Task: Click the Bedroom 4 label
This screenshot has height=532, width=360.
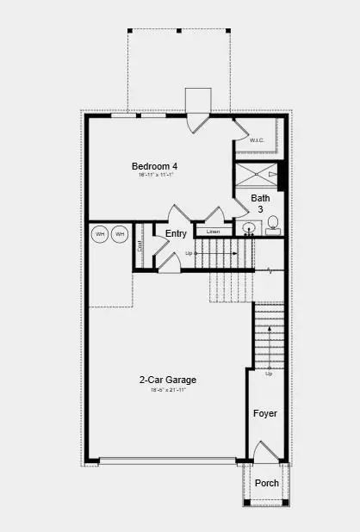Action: tap(155, 166)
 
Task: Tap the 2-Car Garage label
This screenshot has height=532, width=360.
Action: tap(168, 380)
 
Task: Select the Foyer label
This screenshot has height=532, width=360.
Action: tap(265, 414)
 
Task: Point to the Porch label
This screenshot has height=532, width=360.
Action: tap(267, 483)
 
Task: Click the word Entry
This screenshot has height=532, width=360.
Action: tap(176, 233)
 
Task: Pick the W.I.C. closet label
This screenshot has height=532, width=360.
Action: tap(257, 140)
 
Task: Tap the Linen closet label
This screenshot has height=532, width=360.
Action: tap(214, 232)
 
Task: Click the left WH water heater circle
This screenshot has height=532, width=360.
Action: tap(100, 234)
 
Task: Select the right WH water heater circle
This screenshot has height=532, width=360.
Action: tap(119, 234)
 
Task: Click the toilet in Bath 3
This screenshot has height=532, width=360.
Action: tap(273, 227)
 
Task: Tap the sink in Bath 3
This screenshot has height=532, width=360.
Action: tap(249, 229)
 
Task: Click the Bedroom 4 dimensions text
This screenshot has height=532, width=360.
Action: tap(155, 176)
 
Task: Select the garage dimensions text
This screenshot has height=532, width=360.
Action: tap(168, 390)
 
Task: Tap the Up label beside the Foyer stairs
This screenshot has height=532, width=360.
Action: tap(269, 374)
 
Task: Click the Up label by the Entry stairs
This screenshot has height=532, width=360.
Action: tap(189, 253)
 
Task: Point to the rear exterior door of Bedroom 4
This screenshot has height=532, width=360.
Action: tap(198, 121)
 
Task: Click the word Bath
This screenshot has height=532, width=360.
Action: tap(260, 198)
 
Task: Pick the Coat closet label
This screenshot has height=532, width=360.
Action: tap(140, 244)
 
